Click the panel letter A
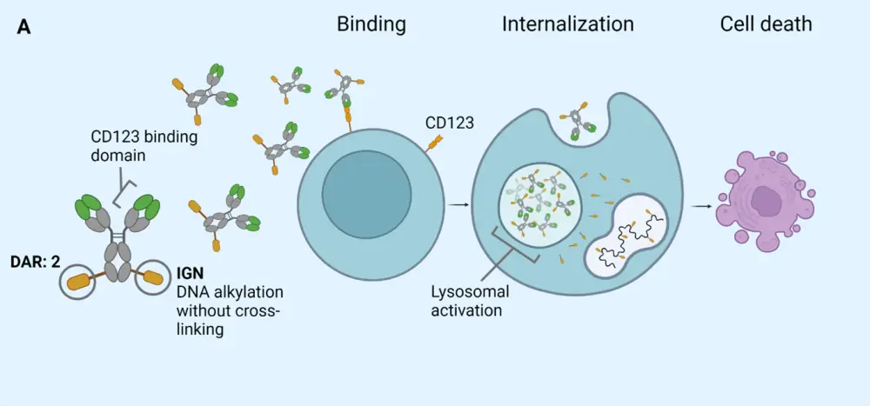24,28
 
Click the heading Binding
371,24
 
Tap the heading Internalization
567,24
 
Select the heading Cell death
766,24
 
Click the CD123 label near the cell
449,123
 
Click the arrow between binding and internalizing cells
458,204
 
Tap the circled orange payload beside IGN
153,277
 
